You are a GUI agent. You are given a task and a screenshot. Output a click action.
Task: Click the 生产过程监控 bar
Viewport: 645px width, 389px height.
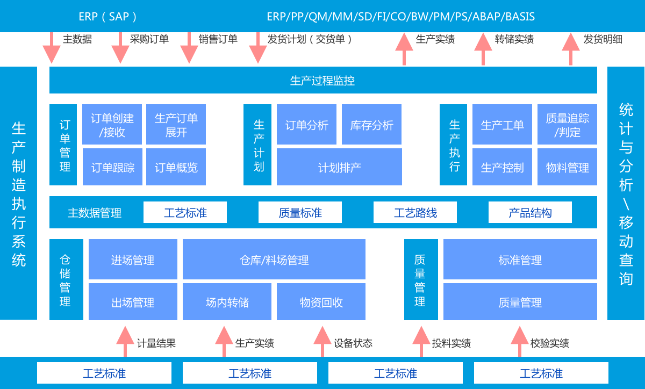[322, 81]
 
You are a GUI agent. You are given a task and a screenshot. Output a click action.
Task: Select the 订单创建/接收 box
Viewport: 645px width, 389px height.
[112, 125]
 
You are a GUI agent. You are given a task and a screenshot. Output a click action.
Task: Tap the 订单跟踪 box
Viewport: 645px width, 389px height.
[112, 167]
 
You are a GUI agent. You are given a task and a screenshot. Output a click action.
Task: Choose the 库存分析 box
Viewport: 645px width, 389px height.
[371, 125]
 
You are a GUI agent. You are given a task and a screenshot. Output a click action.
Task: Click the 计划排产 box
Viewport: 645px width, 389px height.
[339, 167]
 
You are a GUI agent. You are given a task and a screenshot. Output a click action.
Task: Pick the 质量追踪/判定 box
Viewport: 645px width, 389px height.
[567, 125]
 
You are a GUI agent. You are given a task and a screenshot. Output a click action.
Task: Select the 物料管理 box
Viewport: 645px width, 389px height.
[567, 167]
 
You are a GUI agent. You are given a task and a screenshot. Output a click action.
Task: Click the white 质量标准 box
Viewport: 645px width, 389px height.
[300, 213]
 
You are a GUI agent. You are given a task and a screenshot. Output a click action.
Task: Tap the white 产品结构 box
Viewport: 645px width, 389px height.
[530, 213]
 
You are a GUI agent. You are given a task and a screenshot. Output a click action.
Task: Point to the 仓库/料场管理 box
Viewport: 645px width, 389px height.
[274, 260]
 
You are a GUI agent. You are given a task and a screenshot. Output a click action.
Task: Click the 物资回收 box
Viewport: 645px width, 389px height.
[321, 302]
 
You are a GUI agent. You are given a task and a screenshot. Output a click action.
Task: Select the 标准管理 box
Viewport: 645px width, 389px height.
[520, 260]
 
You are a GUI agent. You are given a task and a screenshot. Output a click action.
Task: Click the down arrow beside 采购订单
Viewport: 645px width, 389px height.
[120, 48]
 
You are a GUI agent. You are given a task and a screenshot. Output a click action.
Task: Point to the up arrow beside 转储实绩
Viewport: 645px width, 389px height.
[483, 49]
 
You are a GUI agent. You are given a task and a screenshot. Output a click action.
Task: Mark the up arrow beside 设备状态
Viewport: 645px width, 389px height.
[322, 341]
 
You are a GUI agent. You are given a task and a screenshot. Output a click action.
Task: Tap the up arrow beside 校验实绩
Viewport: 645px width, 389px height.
[519, 341]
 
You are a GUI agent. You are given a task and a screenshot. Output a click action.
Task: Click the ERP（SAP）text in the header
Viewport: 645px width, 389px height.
[108, 16]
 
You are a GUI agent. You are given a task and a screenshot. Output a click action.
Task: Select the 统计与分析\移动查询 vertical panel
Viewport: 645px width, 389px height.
[626, 193]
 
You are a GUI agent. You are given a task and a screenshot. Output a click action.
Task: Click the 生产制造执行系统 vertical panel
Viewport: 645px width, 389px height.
[19, 193]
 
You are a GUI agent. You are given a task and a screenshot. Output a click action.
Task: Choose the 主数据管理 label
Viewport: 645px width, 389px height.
[95, 213]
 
